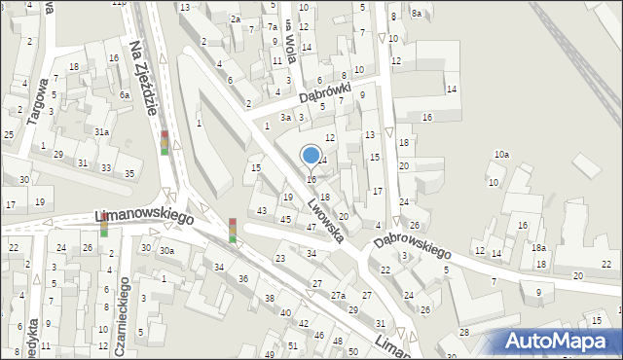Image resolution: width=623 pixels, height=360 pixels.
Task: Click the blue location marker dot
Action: (x=311, y=155)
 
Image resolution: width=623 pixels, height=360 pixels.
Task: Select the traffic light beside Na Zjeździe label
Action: (x=165, y=142)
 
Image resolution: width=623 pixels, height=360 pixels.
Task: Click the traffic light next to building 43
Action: (x=233, y=229)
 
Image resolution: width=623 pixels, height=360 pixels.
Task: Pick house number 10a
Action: (x=500, y=155)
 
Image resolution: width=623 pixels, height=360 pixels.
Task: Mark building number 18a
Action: (x=538, y=248)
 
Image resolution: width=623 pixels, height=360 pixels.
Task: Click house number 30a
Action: (x=167, y=250)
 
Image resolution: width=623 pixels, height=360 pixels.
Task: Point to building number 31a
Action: (x=101, y=131)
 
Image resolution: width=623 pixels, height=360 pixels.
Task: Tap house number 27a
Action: (x=338, y=295)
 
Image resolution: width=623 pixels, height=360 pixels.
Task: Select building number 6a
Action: (x=125, y=95)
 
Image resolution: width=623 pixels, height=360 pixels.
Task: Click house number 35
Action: (x=129, y=173)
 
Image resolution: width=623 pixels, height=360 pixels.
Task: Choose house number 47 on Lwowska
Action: (x=311, y=227)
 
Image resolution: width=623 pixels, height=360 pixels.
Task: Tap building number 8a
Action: (x=416, y=13)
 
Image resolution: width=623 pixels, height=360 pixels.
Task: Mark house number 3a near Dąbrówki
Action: (x=285, y=117)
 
